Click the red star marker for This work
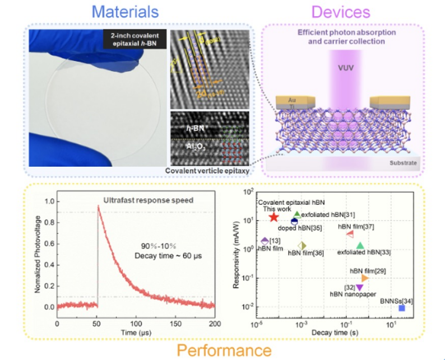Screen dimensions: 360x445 pyautogui.click(x=274, y=217)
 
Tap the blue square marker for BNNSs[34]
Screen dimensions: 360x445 pyautogui.click(x=402, y=308)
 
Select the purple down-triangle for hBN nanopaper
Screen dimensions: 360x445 pyautogui.click(x=359, y=287)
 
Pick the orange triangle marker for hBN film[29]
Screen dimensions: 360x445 pyautogui.click(x=365, y=278)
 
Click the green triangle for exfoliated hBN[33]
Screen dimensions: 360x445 pyautogui.click(x=360, y=246)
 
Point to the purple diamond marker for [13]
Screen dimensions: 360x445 pyautogui.click(x=265, y=241)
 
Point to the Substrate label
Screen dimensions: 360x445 pyautogui.click(x=402, y=163)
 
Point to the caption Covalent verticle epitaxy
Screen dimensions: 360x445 pyautogui.click(x=208, y=171)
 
